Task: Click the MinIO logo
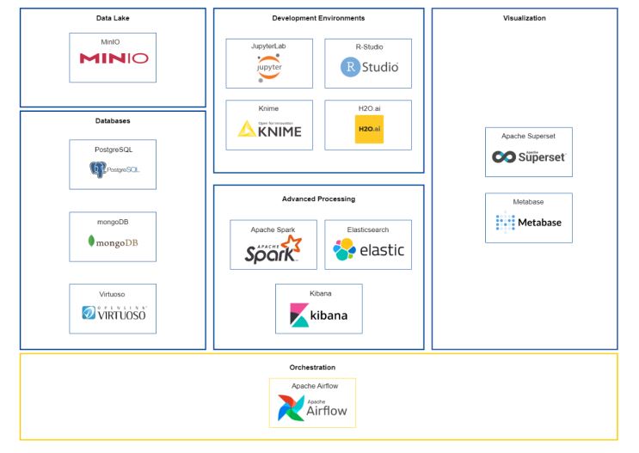point(113,58)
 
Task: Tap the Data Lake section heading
point(113,18)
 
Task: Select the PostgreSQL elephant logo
point(98,170)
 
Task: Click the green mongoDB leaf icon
point(91,242)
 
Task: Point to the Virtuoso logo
point(114,313)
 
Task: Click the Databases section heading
point(113,121)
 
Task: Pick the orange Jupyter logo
point(269,67)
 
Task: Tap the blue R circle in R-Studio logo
point(350,67)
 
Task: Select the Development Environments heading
point(318,18)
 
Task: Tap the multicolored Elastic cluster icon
point(345,249)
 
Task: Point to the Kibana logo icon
point(299,315)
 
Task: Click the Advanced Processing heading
point(318,199)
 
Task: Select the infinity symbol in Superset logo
point(504,156)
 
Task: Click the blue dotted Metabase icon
point(505,222)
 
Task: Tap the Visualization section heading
point(524,18)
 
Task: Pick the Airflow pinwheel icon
point(291,408)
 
